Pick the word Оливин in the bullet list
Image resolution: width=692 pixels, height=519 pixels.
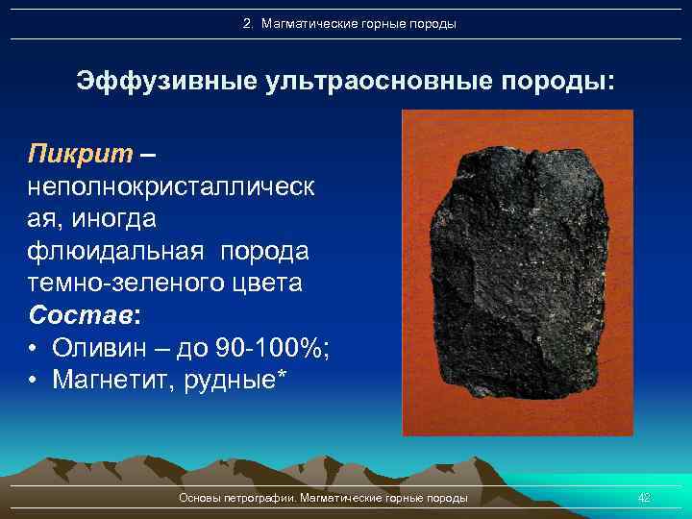point(99,348)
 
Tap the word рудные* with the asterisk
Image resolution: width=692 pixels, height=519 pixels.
point(240,381)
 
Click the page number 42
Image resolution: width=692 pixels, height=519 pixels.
point(644,497)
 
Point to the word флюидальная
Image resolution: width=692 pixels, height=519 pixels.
point(115,251)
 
